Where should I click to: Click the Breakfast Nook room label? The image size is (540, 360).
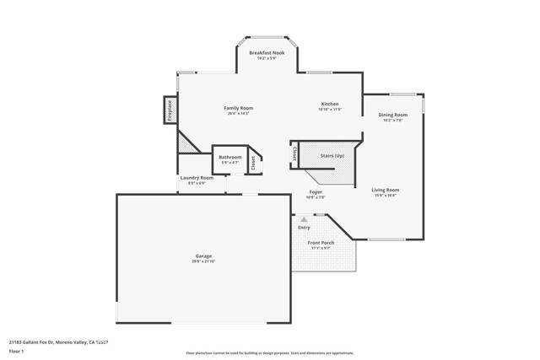coord(267,53)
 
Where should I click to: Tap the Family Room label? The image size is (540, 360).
coord(239,108)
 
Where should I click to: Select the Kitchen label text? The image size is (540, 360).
coord(329,105)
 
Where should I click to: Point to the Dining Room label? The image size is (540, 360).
coord(392,115)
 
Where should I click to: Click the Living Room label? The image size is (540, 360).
coord(386,191)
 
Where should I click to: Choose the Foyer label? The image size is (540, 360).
coord(315,192)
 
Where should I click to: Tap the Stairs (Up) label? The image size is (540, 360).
coord(332,156)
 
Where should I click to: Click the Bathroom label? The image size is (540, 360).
coord(230,158)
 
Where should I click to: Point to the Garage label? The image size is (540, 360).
coord(203,256)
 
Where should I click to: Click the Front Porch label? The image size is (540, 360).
coord(321,243)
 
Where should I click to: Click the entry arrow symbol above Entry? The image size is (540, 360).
coord(304,219)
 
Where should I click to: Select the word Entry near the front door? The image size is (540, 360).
coord(304,227)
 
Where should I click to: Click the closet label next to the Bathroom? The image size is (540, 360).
coord(253,163)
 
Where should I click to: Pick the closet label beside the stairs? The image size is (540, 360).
coord(294,154)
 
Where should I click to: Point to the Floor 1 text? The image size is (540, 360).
coord(16,350)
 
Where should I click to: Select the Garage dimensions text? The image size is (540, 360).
coord(203,261)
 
